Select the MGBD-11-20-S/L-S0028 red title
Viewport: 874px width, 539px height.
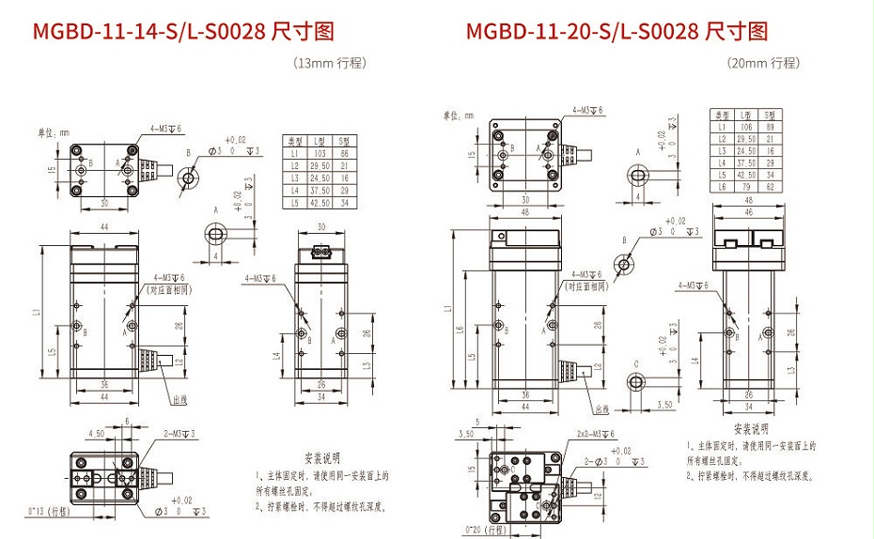[616, 32]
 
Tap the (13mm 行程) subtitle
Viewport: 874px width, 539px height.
[329, 63]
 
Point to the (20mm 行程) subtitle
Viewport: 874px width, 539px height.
[762, 63]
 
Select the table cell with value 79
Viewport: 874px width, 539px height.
[747, 187]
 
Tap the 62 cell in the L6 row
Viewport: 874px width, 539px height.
[772, 187]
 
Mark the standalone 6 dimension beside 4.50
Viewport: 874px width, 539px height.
[127, 422]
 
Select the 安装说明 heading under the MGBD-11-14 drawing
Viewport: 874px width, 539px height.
[315, 457]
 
